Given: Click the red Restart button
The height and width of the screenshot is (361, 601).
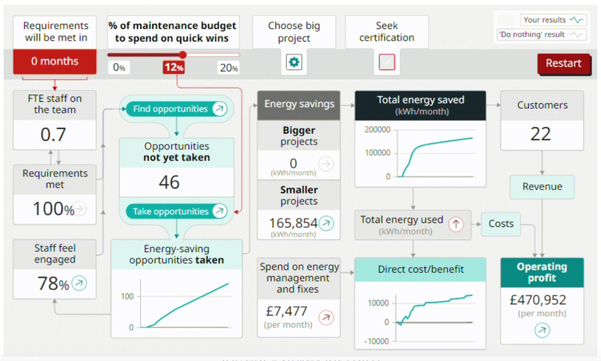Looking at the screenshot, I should (563, 63).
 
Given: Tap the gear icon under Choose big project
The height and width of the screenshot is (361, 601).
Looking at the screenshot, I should (294, 62).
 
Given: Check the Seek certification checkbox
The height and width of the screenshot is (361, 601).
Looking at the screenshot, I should (386, 62).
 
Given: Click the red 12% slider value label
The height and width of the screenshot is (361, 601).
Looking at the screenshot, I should (174, 68).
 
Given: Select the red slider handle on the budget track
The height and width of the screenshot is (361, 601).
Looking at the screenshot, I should (183, 55).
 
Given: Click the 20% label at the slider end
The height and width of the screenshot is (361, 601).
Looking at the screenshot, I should (229, 68).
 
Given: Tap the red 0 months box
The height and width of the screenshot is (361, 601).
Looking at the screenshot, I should (55, 62).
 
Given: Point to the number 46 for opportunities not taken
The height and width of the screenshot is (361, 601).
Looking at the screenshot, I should (169, 182).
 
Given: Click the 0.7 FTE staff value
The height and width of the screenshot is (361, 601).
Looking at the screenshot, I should (53, 135).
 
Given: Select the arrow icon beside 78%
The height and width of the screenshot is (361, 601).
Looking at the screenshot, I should (79, 283).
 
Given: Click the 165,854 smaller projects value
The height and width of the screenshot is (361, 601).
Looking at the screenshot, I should (293, 223).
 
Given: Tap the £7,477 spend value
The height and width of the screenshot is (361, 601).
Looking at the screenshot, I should (286, 312).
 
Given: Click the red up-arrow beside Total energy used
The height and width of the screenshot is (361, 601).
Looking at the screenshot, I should (456, 224).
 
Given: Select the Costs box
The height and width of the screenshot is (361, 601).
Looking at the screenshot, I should (501, 224).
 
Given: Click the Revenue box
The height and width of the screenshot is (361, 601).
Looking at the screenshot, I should (542, 187).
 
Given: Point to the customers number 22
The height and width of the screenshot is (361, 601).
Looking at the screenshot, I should (541, 134).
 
